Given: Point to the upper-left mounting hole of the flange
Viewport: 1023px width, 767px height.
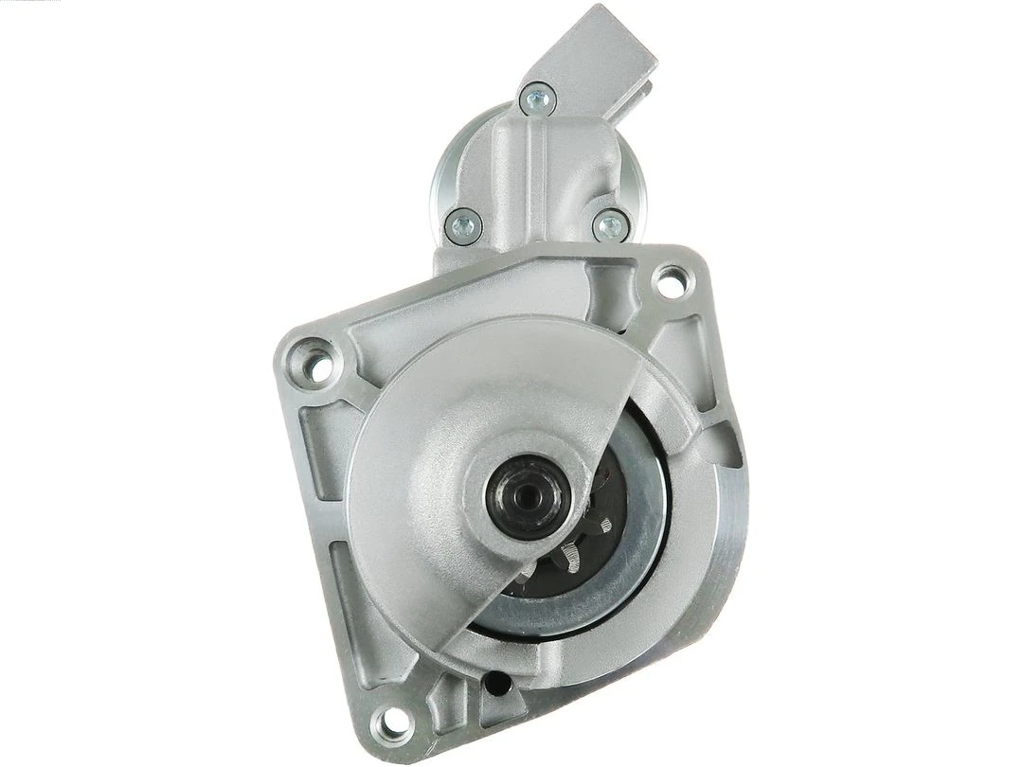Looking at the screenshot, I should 319,362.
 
